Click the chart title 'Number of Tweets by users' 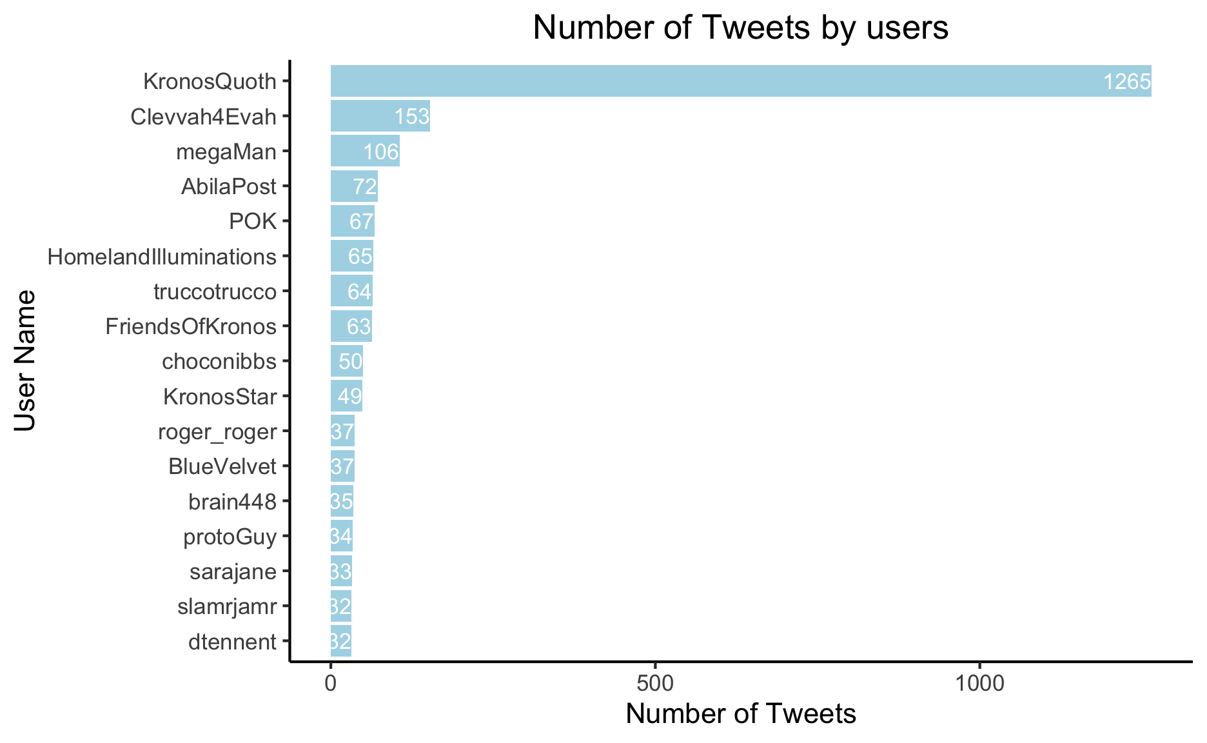coord(740,28)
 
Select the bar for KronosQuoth coord(740,81)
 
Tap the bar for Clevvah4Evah coord(380,116)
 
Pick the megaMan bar coord(365,151)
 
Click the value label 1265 coord(1126,82)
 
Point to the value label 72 coord(364,187)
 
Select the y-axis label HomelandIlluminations coord(162,257)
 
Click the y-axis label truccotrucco coord(215,292)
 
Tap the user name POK coord(253,222)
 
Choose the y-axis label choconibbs coord(219,361)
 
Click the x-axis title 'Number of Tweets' coord(740,714)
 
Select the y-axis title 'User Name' coord(25,361)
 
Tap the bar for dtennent coord(341,641)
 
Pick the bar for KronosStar coord(346,396)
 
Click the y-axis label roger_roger coord(217,431)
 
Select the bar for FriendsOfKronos coord(351,326)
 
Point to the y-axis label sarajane coord(233,571)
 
